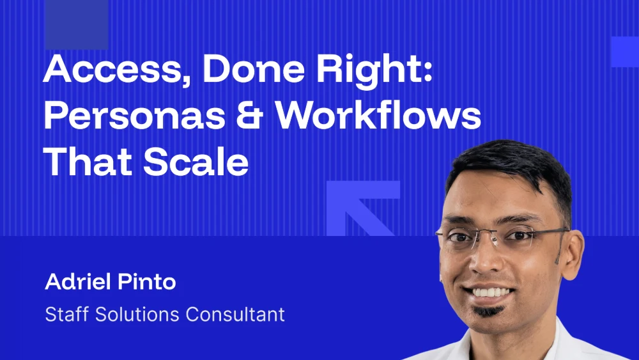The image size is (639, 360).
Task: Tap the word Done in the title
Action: click(254, 68)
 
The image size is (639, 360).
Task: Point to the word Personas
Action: click(134, 115)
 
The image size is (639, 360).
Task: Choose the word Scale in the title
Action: click(196, 162)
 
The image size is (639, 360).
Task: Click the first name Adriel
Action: click(78, 281)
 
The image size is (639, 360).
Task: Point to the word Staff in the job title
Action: click(66, 315)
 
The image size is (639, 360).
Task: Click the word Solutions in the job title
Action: click(137, 315)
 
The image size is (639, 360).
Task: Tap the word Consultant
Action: click(235, 315)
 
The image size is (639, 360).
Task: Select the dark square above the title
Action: click(77, 24)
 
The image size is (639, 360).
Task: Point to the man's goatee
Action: click(488, 311)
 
